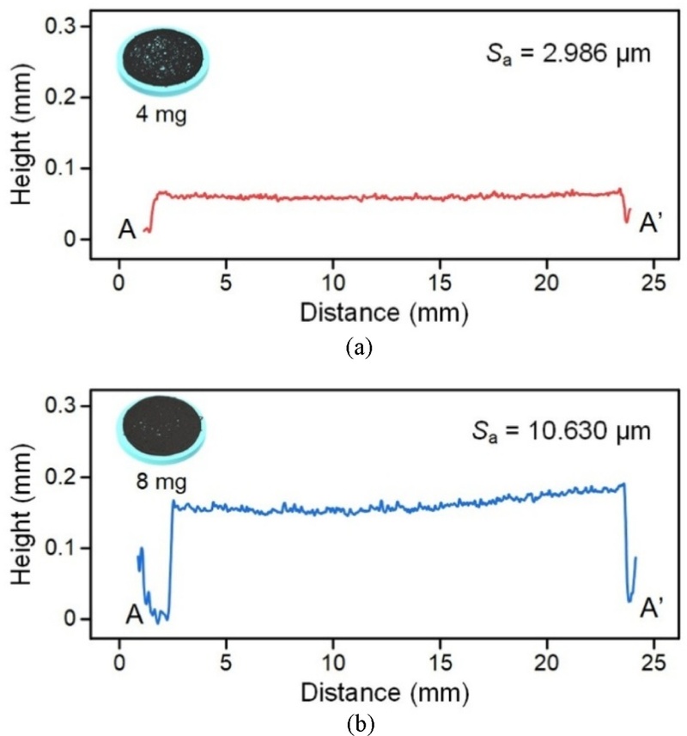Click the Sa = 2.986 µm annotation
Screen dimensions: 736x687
coord(568,56)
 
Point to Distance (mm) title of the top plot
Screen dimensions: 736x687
coord(385,313)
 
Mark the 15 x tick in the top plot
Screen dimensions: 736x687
coord(440,285)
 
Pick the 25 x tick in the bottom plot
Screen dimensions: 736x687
coord(654,663)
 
